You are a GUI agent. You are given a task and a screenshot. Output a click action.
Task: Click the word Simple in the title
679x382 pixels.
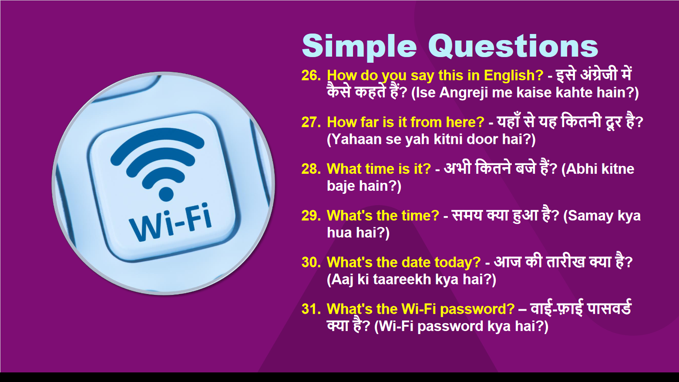pyautogui.click(x=360, y=46)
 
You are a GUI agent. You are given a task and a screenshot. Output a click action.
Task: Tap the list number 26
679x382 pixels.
pyautogui.click(x=311, y=75)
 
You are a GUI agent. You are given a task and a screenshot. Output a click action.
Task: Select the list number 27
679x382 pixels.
pyautogui.click(x=311, y=122)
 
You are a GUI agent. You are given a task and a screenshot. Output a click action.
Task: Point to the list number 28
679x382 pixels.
pyautogui.click(x=311, y=169)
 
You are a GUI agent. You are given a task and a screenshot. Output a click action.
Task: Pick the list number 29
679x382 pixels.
pyautogui.click(x=311, y=216)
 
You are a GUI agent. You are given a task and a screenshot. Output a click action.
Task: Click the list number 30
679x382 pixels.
pyautogui.click(x=311, y=263)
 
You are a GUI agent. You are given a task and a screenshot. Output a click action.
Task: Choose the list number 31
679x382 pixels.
pyautogui.click(x=311, y=309)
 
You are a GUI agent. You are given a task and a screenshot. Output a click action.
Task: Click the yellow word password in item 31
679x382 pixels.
pyautogui.click(x=477, y=310)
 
